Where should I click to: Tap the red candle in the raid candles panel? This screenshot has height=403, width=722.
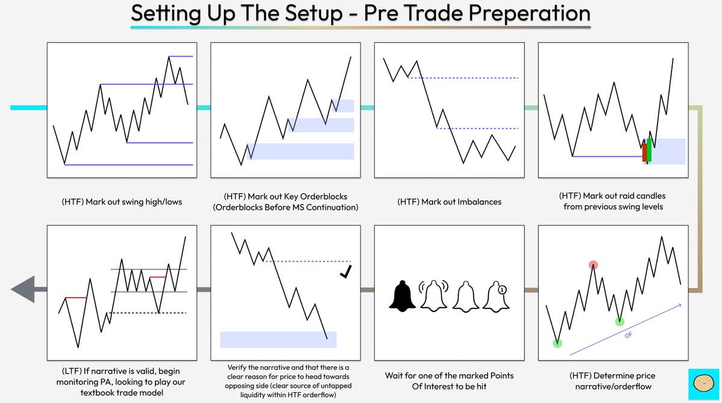644,152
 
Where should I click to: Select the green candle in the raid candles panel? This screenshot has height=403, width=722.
649,150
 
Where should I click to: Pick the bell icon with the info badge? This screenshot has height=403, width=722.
496,295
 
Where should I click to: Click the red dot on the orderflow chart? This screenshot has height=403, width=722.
593,265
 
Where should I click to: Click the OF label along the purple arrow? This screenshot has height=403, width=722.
628,334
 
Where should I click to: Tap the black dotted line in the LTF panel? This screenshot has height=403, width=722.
147,313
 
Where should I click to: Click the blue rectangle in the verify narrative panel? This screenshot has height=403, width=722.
278,339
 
